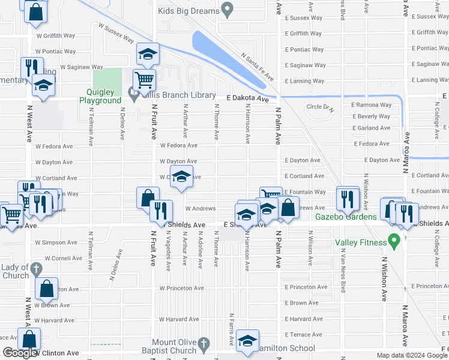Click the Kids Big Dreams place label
[188, 10]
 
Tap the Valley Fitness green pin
[394, 242]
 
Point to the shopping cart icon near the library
[144, 79]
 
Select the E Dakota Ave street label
[247, 98]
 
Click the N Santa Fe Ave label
[257, 66]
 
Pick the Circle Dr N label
[319, 107]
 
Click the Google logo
[20, 353]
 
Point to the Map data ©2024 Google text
[412, 355]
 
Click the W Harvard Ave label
[178, 319]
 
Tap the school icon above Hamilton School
[247, 340]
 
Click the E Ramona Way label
[371, 104]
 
